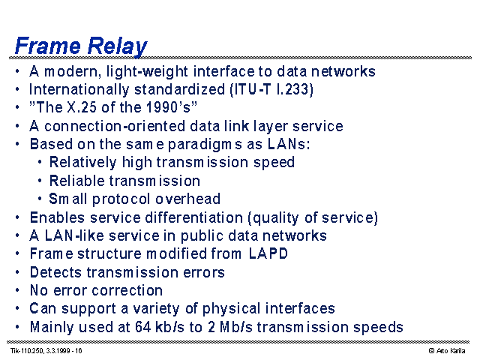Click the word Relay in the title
117,46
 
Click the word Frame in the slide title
48,46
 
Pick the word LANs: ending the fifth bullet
289,144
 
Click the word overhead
187,199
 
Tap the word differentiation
194,217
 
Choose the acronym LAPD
268,253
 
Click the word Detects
55,272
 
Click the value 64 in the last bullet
143,327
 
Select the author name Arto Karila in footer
451,351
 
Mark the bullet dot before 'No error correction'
17,290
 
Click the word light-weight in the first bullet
147,72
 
